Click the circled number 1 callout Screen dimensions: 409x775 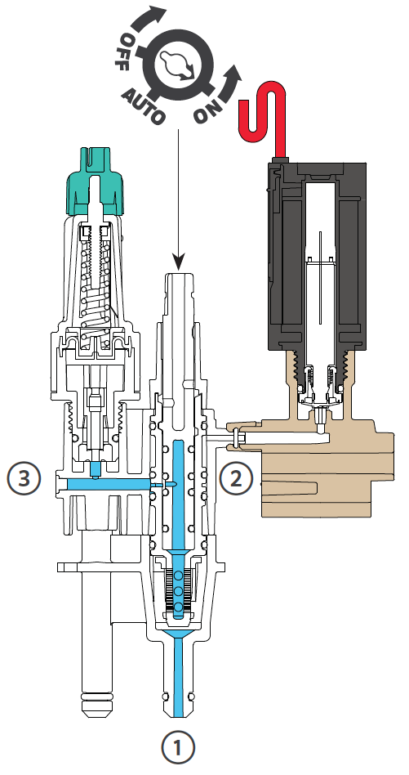click(178, 747)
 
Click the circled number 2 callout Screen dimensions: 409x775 click(236, 478)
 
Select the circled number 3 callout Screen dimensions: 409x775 click(24, 478)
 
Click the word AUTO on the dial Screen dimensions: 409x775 click(144, 105)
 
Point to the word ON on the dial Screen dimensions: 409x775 click(207, 110)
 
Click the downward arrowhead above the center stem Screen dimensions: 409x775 click(178, 262)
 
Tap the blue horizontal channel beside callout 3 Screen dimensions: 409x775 click(109, 484)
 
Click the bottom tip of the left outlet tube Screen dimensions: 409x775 click(96, 715)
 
